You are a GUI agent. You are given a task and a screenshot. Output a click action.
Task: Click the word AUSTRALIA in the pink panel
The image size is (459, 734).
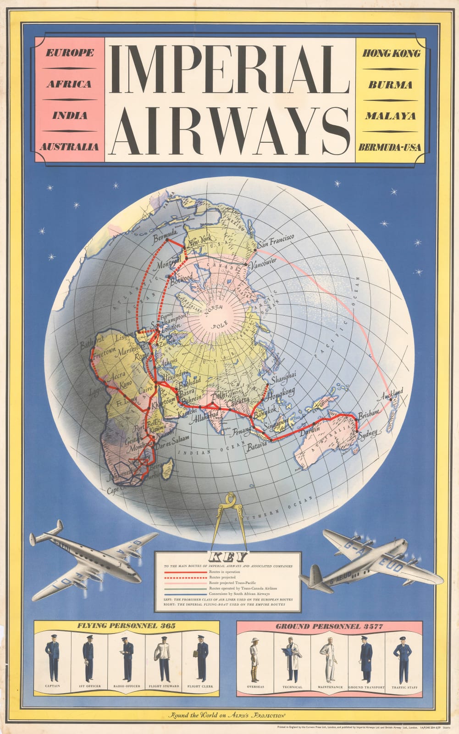(69, 147)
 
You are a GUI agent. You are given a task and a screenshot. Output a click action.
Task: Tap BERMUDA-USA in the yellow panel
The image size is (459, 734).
(390, 148)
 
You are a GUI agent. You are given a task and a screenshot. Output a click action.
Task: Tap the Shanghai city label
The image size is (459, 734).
(283, 379)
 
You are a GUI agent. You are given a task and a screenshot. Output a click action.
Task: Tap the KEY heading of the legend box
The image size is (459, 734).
(228, 557)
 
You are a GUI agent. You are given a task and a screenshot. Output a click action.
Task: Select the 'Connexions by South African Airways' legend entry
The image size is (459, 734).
(236, 594)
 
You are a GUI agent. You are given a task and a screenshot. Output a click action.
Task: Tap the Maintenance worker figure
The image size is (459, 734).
(329, 660)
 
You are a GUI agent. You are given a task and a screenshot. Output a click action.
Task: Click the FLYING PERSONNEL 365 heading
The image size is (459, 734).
(126, 625)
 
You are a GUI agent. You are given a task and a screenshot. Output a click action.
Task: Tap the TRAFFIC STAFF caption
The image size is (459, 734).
(403, 687)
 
